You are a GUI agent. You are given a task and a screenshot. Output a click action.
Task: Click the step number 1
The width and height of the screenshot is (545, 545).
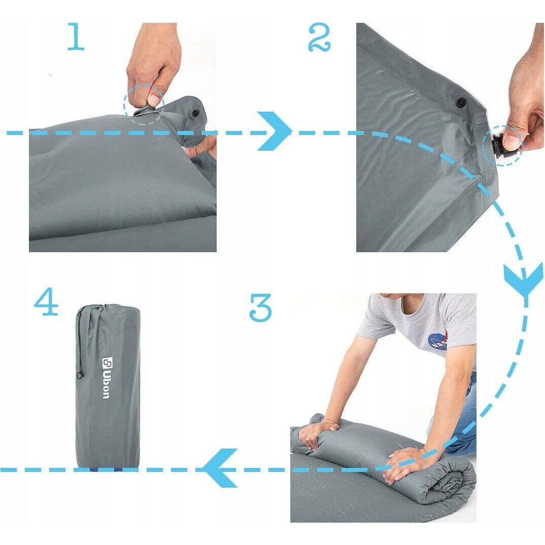[x=76, y=37]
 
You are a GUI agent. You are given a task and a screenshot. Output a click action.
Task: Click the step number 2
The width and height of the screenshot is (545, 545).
[x=319, y=37]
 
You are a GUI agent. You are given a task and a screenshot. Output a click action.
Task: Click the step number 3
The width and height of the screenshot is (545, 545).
[x=260, y=307]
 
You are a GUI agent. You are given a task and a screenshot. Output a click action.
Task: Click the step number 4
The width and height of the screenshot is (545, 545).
[x=46, y=301]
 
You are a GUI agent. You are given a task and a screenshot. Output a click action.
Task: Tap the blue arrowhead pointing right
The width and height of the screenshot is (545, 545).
[x=275, y=131]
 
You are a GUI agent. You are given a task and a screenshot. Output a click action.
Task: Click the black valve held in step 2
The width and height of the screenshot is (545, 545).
[x=500, y=148]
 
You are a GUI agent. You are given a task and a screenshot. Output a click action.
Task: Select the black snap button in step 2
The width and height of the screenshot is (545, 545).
[x=461, y=102]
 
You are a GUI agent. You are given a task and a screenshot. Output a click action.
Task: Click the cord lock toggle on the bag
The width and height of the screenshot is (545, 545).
[x=80, y=375]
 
